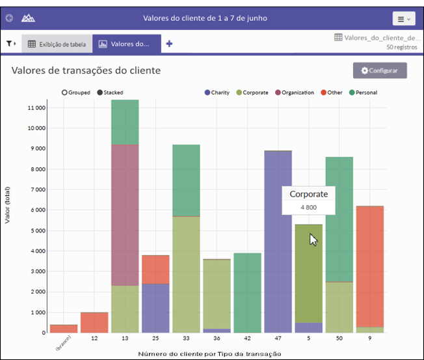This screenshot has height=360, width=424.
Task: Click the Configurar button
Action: click(x=380, y=71)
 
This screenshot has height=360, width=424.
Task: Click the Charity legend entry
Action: click(x=217, y=92)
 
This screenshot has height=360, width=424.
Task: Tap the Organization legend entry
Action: click(x=295, y=92)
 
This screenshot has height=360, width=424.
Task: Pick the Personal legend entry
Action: click(x=363, y=92)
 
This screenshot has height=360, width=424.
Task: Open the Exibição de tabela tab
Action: click(x=57, y=44)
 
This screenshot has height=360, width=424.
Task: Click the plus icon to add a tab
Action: click(x=169, y=44)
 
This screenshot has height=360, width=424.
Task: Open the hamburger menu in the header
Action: click(x=404, y=19)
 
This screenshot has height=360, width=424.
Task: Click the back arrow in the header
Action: click(x=9, y=18)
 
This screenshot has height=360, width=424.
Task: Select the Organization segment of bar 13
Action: click(x=125, y=215)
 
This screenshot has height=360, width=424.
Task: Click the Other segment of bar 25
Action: click(x=155, y=270)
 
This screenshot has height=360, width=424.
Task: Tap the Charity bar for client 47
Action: click(x=278, y=242)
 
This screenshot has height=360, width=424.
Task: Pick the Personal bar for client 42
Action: click(x=247, y=293)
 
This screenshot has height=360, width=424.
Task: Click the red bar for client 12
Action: click(x=94, y=323)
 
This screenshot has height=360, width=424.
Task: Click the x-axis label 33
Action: click(x=186, y=338)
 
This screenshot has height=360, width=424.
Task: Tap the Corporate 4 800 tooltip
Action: click(x=308, y=201)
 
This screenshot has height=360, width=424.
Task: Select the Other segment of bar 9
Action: click(x=370, y=267)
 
